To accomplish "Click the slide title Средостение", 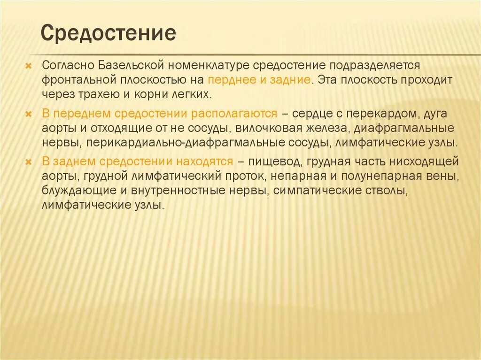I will pyautogui.click(x=109, y=33).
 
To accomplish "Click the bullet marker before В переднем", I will pyautogui.click(x=29, y=115).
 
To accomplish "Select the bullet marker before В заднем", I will pyautogui.click(x=29, y=162).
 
